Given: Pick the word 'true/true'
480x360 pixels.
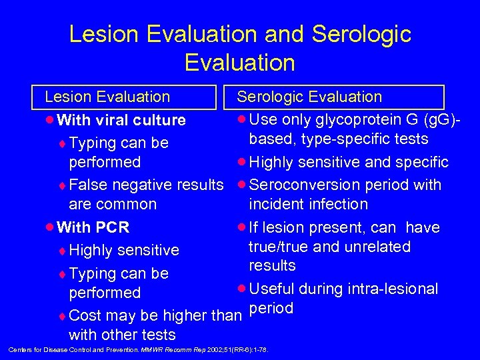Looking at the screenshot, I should [x=279, y=247].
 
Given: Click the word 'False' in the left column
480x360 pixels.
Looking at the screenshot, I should [x=87, y=185].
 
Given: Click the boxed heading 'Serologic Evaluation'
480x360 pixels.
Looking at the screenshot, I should [x=310, y=97].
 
